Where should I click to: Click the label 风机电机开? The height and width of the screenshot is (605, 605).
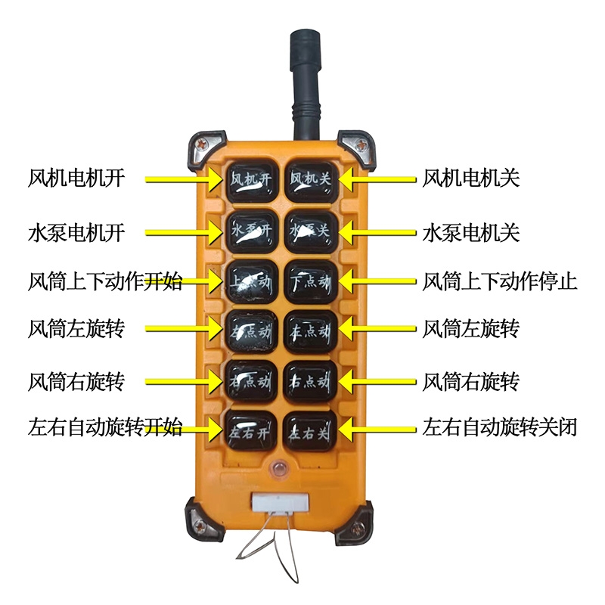pyautogui.click(x=76, y=179)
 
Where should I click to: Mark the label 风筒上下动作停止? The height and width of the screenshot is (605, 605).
pyautogui.click(x=500, y=282)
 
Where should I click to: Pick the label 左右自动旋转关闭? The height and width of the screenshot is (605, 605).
pyautogui.click(x=500, y=428)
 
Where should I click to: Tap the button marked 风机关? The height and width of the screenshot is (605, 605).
pyautogui.click(x=311, y=180)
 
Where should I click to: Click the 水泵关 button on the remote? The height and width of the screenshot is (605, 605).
pyautogui.click(x=311, y=231)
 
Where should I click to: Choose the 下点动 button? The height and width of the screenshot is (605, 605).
pyautogui.click(x=311, y=281)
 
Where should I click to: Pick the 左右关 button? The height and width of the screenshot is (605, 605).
pyautogui.click(x=311, y=432)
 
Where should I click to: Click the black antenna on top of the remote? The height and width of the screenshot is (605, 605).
pyautogui.click(x=306, y=83)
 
